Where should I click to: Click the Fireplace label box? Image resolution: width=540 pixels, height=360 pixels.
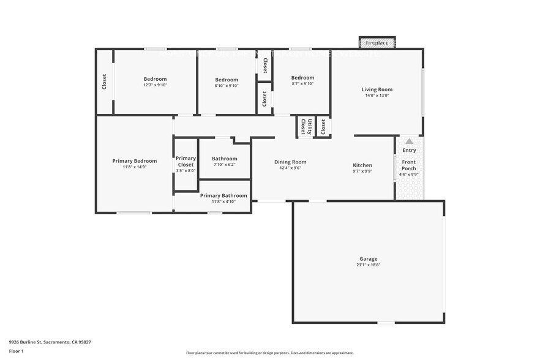click(x=377, y=43)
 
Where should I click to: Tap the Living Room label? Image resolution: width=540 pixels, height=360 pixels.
click(x=377, y=89)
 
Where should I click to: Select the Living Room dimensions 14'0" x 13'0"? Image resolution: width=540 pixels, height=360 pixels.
click(x=377, y=96)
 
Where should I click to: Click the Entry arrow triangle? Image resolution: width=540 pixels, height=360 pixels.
click(x=409, y=141)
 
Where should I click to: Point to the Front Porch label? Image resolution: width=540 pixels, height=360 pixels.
click(x=409, y=165)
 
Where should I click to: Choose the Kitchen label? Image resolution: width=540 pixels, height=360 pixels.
click(x=362, y=165)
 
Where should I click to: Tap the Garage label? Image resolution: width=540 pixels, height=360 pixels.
click(x=368, y=259)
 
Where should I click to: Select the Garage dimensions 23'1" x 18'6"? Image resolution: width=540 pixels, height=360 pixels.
click(x=368, y=265)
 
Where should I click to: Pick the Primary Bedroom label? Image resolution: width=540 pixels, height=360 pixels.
click(x=134, y=161)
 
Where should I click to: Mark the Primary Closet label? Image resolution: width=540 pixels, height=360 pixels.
click(x=186, y=161)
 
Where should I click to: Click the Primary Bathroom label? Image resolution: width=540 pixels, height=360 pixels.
click(x=223, y=196)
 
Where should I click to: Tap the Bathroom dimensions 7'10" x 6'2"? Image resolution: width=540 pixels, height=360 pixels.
click(x=224, y=165)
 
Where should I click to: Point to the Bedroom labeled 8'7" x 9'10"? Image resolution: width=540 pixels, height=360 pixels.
click(x=302, y=78)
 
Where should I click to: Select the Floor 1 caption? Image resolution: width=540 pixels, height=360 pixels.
click(x=17, y=351)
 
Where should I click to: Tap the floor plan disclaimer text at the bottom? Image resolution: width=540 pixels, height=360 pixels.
click(x=269, y=353)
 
